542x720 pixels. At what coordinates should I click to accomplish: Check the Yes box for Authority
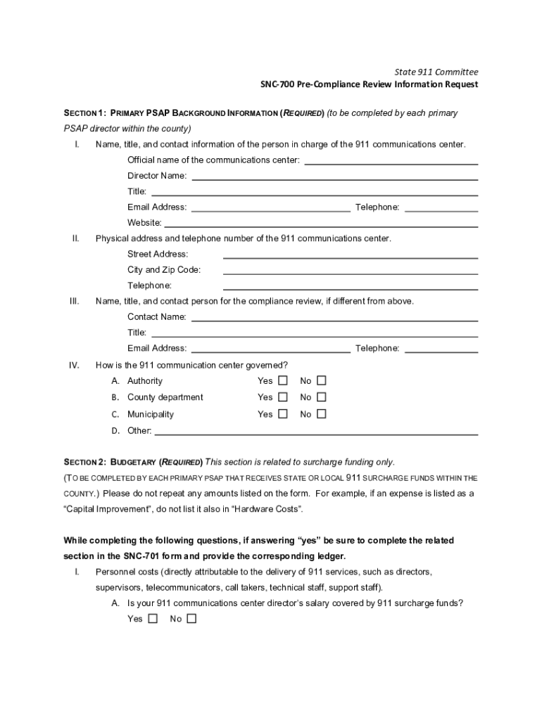(x=283, y=380)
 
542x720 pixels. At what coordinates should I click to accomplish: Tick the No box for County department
(x=322, y=397)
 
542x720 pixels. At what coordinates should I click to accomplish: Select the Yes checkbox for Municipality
(x=283, y=414)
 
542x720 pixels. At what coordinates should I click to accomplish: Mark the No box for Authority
(x=322, y=380)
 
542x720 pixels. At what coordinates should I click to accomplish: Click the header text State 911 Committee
(x=436, y=72)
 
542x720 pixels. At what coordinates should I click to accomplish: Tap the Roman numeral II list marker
(x=75, y=238)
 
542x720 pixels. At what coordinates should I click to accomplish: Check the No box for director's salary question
(x=191, y=619)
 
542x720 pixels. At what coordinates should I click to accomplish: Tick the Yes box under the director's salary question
(x=153, y=619)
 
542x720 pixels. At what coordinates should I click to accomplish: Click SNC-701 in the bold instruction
(x=144, y=556)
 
